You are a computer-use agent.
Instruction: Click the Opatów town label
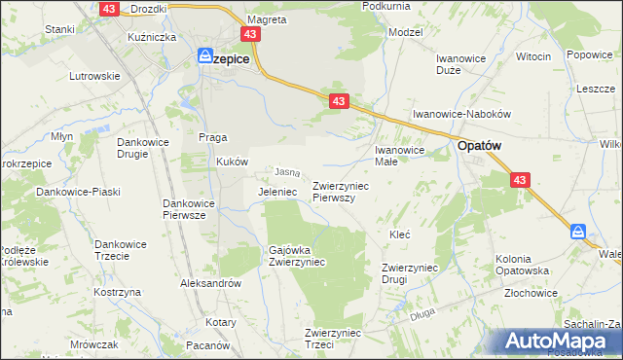tap(479, 147)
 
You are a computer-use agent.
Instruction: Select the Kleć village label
tap(399, 234)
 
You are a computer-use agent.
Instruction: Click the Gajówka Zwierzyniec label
tap(297, 256)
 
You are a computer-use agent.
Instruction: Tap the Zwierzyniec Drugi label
tap(408, 272)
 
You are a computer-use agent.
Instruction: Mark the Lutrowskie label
tap(93, 75)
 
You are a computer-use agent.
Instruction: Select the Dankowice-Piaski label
tap(78, 192)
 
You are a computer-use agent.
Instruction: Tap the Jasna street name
tap(285, 172)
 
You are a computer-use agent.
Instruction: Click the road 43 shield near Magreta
tap(252, 34)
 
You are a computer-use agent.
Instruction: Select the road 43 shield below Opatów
tap(521, 180)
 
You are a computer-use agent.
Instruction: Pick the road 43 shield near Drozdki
tap(107, 9)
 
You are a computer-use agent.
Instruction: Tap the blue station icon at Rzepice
tap(205, 57)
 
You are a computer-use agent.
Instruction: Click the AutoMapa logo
tap(557, 342)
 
